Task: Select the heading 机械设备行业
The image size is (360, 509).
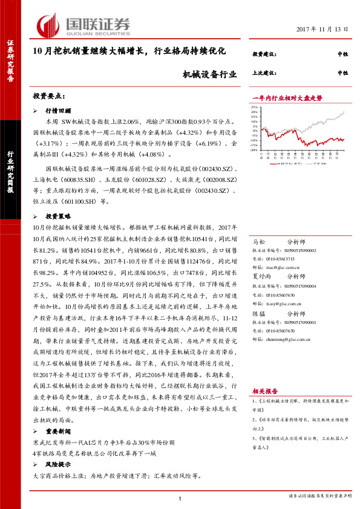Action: (209, 74)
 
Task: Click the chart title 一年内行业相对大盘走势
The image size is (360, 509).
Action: (286, 97)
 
